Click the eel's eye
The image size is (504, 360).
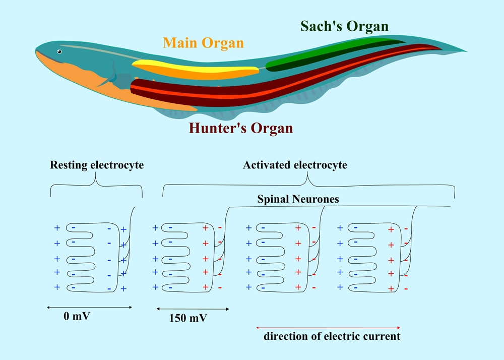59,51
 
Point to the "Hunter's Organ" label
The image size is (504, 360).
240,128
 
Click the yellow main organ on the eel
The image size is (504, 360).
197,68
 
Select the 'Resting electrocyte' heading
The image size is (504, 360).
97,165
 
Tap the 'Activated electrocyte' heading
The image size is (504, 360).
295,165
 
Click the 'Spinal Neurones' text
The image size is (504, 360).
298,199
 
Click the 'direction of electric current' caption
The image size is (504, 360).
332,336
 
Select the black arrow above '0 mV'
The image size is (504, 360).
89,307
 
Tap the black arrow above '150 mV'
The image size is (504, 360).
193,309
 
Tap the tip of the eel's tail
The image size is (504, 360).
465,51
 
